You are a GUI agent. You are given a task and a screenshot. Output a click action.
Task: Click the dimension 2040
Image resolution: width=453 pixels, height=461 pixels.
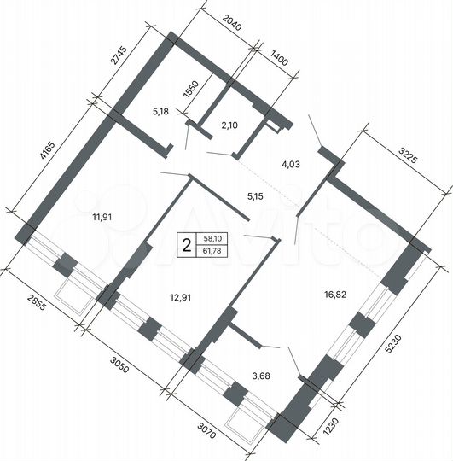click(232, 27)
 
